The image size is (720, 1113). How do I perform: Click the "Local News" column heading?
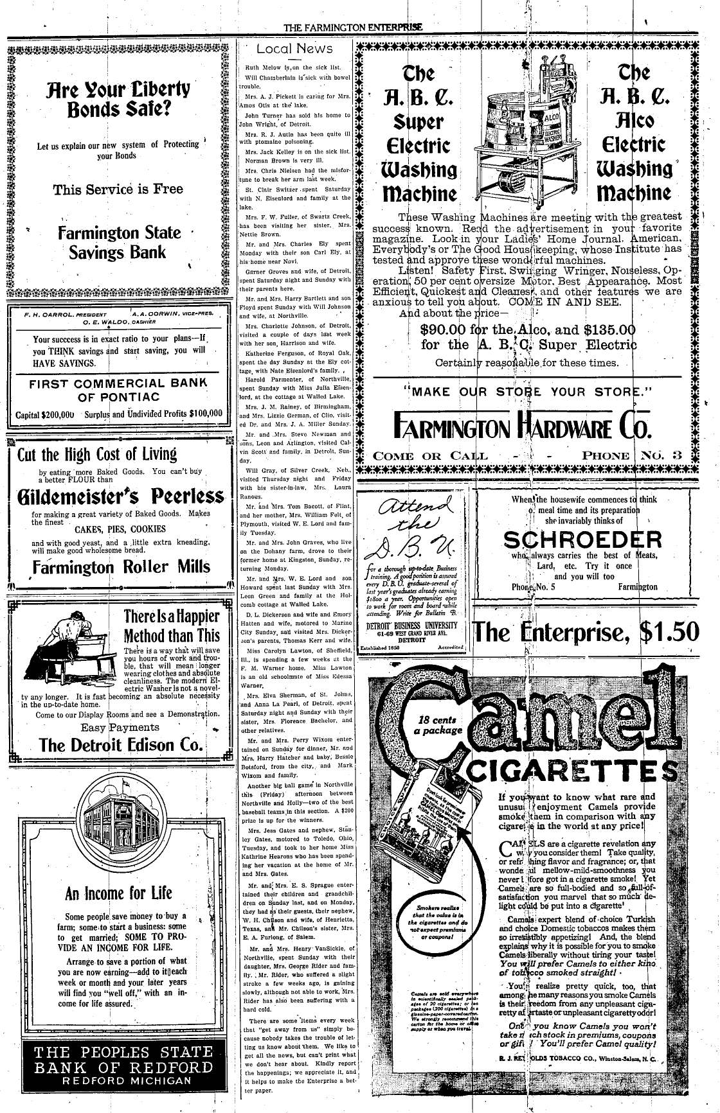(x=294, y=49)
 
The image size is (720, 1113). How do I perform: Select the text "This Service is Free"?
(x=118, y=189)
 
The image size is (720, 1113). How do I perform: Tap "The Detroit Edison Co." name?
(x=121, y=745)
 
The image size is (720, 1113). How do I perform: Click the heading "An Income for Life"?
(x=118, y=893)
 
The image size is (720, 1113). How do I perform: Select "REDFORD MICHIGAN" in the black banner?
(x=122, y=1080)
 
